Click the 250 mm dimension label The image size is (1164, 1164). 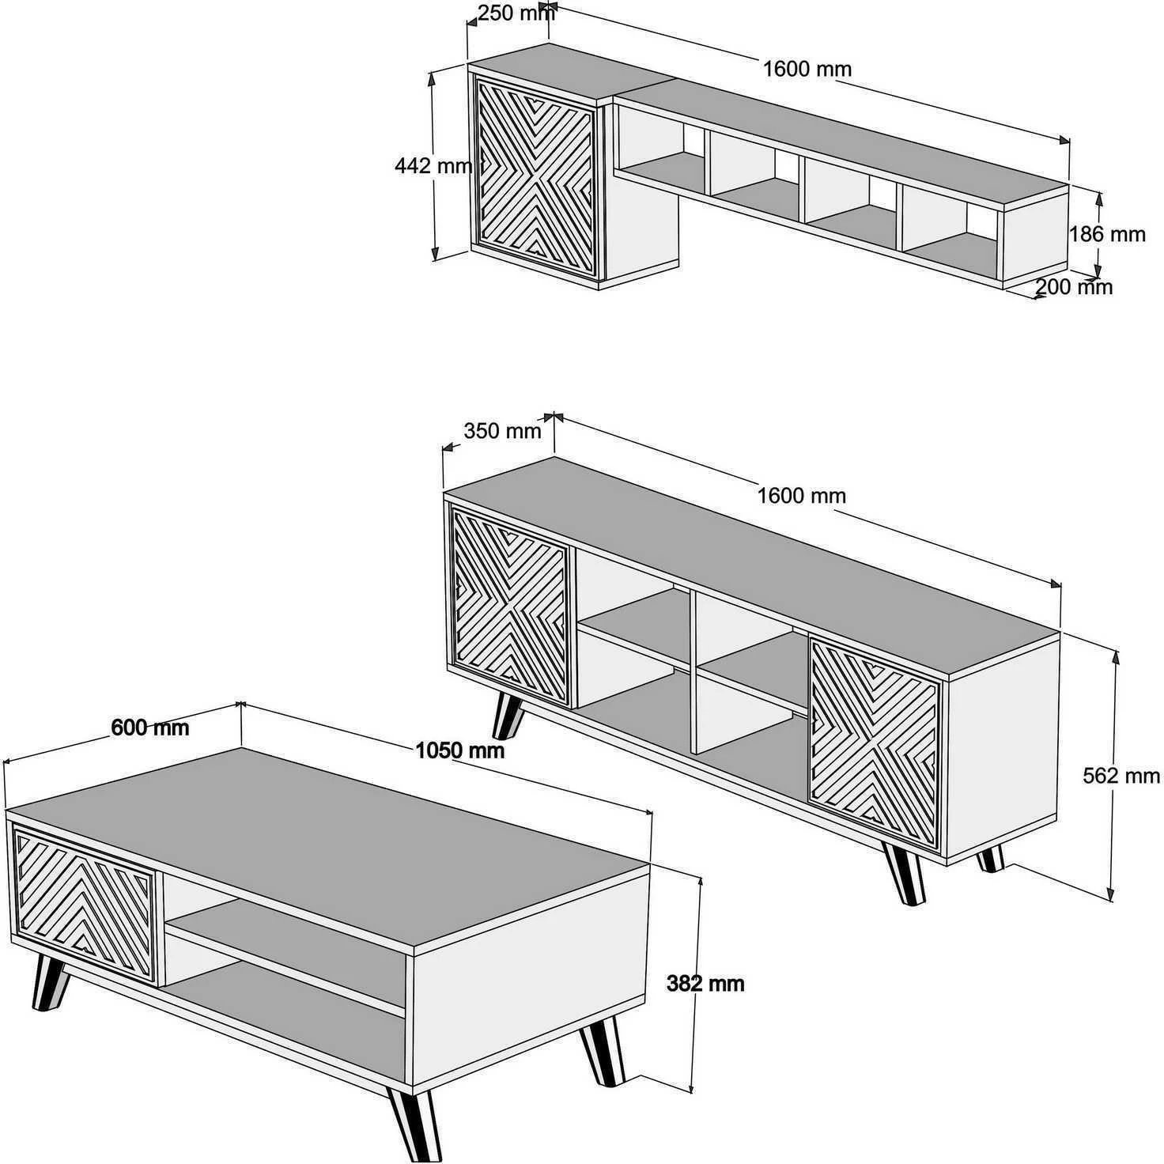tap(515, 13)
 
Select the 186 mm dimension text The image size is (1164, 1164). tap(1106, 234)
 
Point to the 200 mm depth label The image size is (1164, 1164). tap(1073, 287)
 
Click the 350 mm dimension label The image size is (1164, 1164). tap(502, 431)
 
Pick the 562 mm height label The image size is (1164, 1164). tap(1121, 776)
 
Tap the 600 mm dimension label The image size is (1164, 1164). tap(149, 727)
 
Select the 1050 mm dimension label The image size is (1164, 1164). tap(459, 750)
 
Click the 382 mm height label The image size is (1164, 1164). tap(705, 984)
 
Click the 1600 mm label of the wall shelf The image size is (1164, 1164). tap(807, 70)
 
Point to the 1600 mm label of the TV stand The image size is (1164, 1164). tap(801, 496)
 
